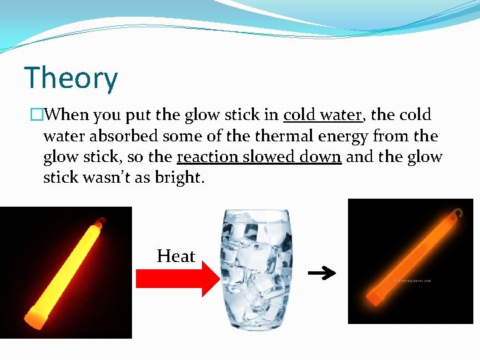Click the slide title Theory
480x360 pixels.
tap(71, 79)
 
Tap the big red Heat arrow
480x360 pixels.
tap(176, 279)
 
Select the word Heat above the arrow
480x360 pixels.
tap(176, 256)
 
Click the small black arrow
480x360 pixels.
tap(321, 273)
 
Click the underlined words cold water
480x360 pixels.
tap(323, 115)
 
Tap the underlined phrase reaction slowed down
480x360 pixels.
tap(259, 157)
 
